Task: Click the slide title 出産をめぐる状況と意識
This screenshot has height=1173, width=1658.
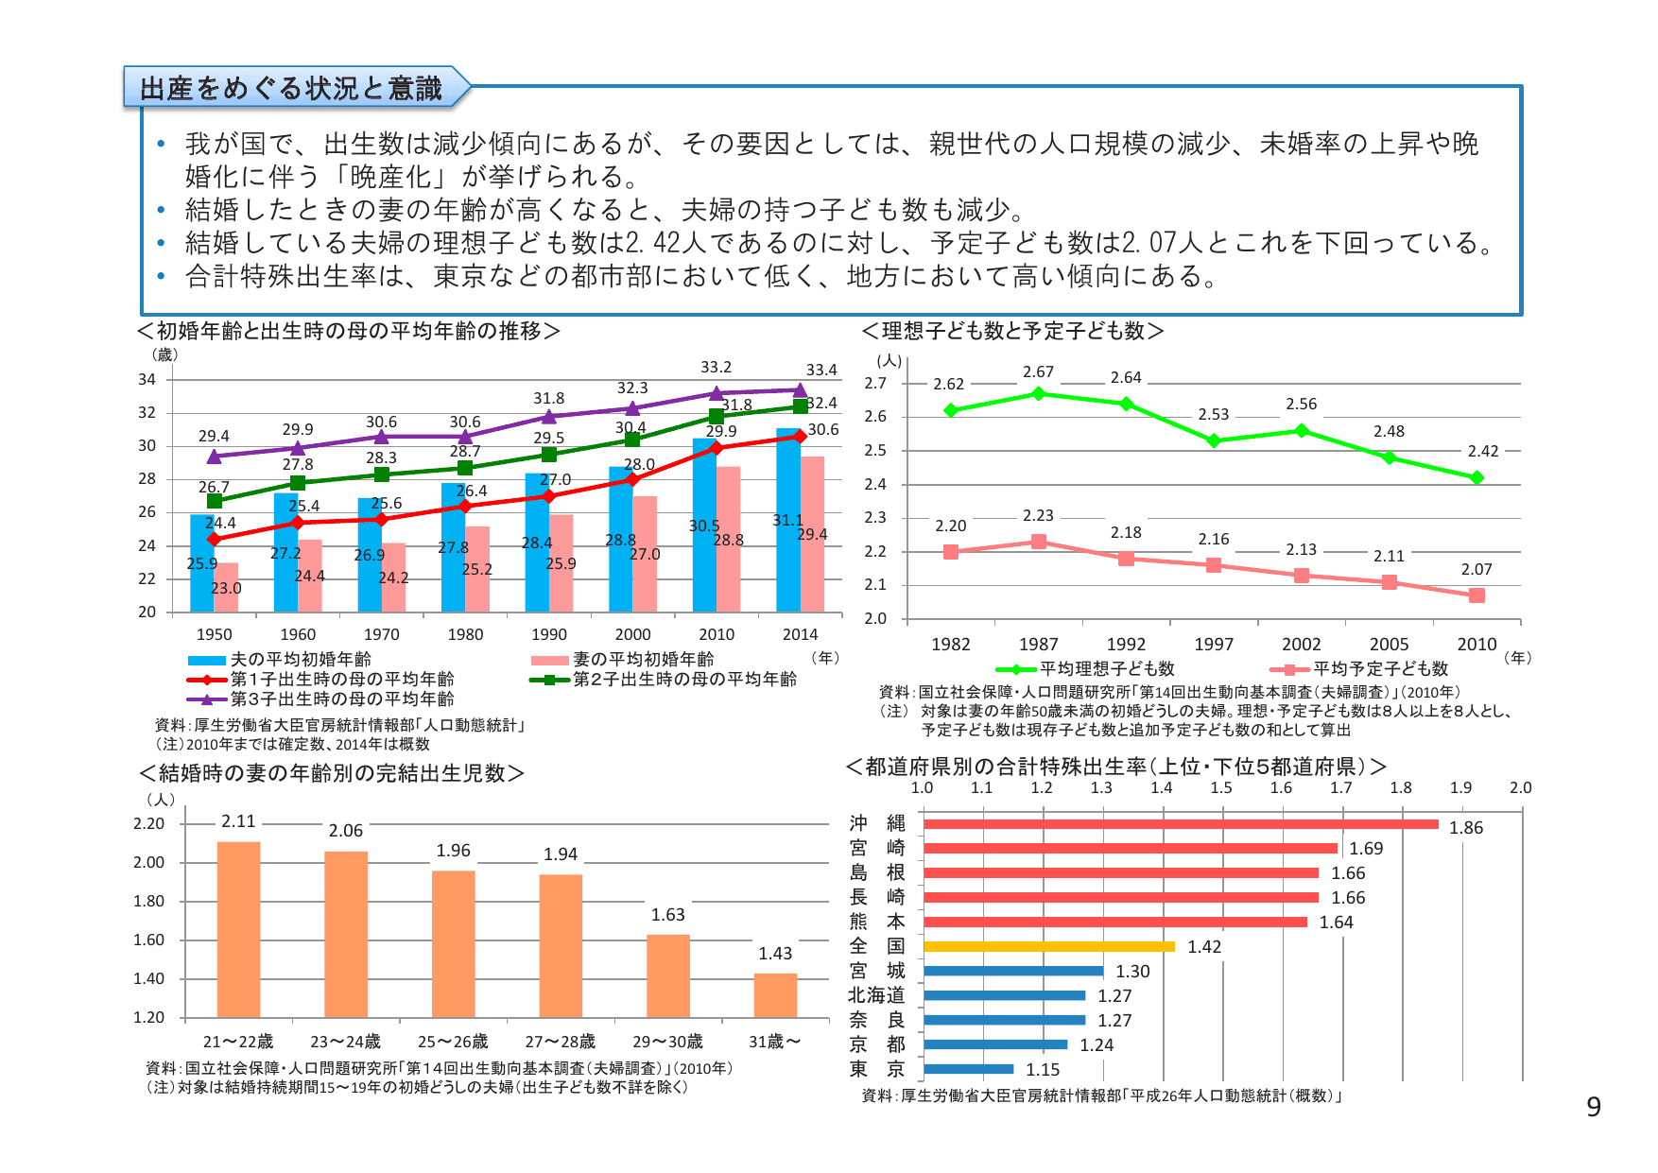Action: click(x=291, y=88)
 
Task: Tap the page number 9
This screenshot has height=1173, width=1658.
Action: click(x=1593, y=1107)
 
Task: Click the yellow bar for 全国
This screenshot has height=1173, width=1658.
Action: click(x=1048, y=946)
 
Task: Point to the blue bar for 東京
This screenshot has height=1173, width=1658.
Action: click(x=968, y=1069)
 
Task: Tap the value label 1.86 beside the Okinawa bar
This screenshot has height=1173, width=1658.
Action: click(x=1465, y=828)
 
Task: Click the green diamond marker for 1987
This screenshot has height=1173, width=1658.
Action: click(x=1038, y=393)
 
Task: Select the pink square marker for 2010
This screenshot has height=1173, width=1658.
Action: click(x=1477, y=595)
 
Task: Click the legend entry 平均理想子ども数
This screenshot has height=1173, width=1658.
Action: click(x=1106, y=669)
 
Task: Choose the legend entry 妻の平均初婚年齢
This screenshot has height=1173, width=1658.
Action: click(x=643, y=660)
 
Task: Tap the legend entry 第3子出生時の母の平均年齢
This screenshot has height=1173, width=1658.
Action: click(x=341, y=699)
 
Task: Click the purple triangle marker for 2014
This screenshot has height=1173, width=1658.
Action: click(x=800, y=389)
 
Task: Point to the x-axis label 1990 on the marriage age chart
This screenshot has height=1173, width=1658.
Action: click(x=548, y=634)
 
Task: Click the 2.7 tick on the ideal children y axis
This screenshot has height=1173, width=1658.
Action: click(x=875, y=383)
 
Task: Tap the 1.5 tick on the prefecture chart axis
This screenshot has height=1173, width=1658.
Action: click(x=1220, y=787)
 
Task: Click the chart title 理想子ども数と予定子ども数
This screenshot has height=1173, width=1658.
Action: click(x=1012, y=331)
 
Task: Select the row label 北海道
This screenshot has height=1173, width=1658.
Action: click(x=876, y=995)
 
